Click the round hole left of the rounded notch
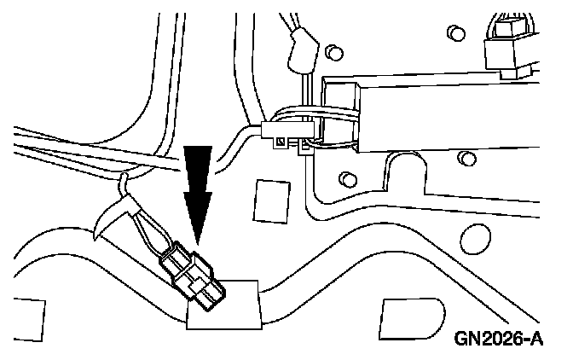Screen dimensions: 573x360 pyautogui.click(x=346, y=179)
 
